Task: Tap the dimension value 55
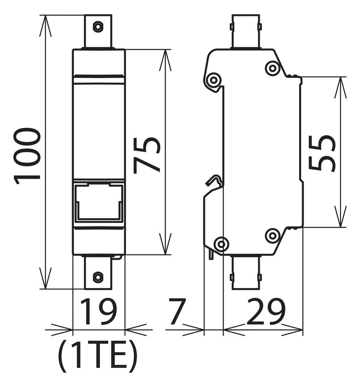click(x=322, y=153)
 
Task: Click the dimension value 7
click(x=177, y=311)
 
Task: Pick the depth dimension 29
click(x=266, y=311)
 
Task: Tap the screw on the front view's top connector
click(x=98, y=26)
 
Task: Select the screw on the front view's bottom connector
click(x=98, y=277)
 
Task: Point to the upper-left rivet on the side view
click(x=213, y=80)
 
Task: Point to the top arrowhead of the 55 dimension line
click(x=340, y=87)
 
